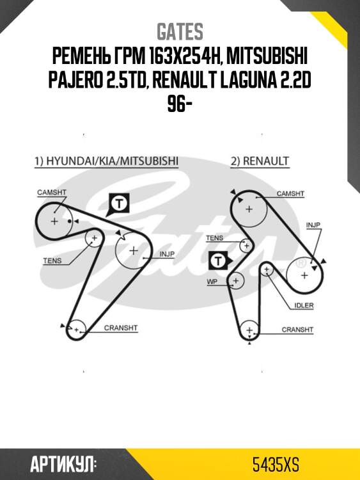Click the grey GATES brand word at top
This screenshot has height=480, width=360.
coord(180,31)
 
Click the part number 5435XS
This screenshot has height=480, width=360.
coord(276,465)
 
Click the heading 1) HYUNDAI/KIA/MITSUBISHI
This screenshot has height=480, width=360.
coord(106,161)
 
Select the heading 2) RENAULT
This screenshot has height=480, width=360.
coord(260,161)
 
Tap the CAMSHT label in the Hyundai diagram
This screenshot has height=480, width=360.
coord(52,193)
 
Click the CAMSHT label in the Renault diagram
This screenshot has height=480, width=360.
coord(290,194)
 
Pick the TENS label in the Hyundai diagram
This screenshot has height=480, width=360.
coord(52,261)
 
